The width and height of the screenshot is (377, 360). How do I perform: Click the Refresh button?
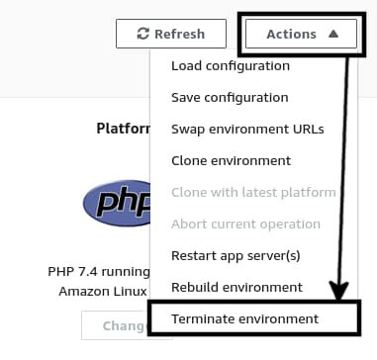171,34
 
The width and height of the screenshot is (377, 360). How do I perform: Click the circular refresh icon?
142,34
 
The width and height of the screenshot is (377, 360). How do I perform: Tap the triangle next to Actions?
333,34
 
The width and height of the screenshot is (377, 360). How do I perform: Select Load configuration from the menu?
231,65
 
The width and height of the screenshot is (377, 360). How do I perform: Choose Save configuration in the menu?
230,97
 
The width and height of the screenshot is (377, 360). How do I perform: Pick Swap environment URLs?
247,129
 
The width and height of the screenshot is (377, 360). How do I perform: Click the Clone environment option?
231,160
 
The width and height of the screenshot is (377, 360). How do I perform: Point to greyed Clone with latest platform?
253,192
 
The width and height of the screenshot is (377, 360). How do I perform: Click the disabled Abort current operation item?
245,224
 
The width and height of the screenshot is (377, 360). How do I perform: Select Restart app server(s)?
235,255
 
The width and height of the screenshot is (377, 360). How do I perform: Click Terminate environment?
245,318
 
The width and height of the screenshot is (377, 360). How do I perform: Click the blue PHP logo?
115,203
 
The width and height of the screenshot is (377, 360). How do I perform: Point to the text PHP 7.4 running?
97,271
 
